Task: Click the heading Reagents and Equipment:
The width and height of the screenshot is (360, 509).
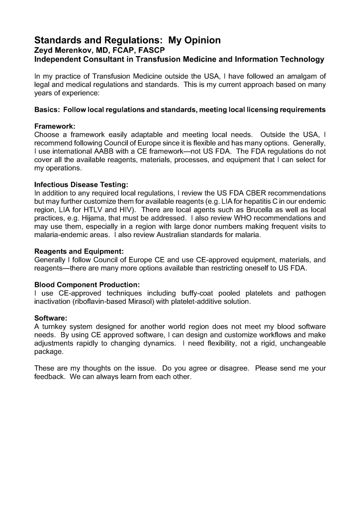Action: [79, 252]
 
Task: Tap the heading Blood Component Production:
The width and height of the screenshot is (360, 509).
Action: [87, 285]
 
